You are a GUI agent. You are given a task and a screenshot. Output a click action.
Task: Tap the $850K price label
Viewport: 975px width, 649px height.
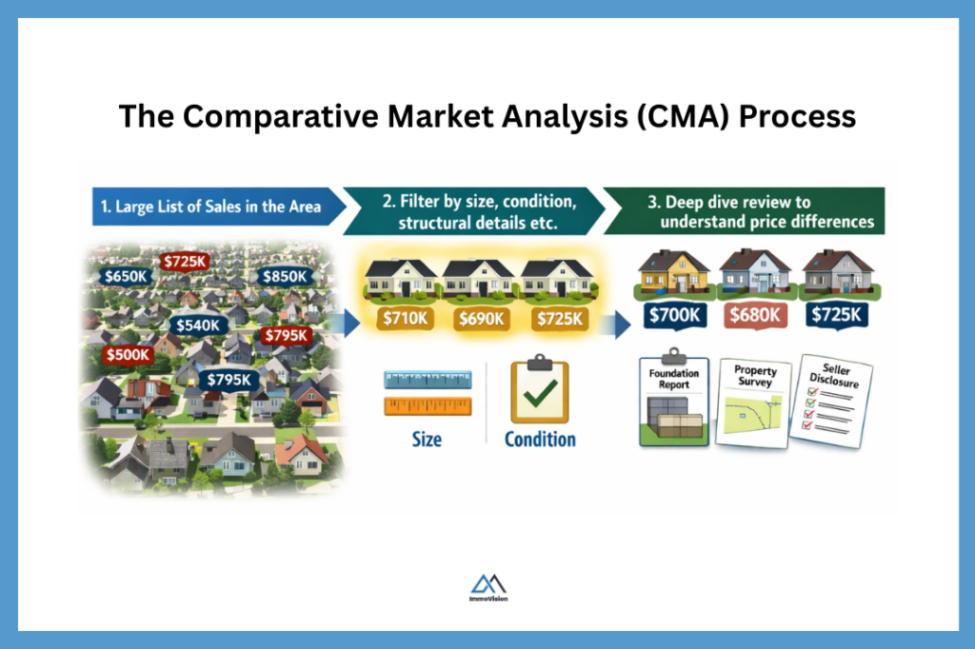284,277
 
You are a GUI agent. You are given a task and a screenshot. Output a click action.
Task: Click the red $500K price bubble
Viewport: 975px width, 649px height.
129,355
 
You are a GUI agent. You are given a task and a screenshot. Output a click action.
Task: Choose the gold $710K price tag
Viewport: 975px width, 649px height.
404,319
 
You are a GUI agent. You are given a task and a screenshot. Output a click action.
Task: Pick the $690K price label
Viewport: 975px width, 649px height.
482,319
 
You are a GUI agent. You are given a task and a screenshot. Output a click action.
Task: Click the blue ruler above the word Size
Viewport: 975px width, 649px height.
428,380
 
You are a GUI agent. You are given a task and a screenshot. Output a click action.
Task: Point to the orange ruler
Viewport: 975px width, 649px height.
428,406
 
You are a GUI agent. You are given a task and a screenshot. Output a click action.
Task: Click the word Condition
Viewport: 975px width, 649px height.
540,440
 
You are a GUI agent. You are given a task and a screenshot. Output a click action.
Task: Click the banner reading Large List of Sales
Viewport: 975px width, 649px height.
211,206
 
